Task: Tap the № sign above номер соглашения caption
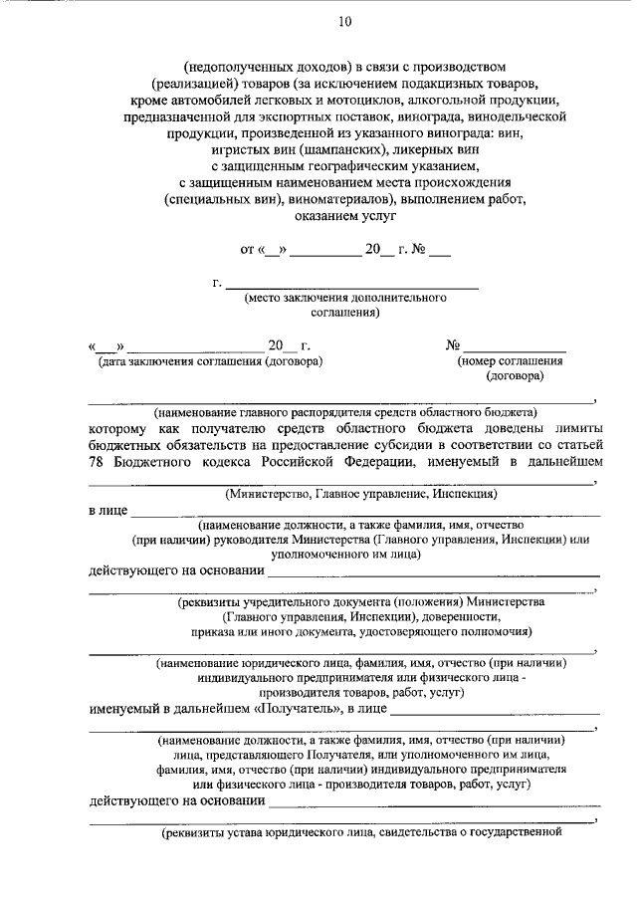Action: [453, 345]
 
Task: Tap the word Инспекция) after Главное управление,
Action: [457, 493]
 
